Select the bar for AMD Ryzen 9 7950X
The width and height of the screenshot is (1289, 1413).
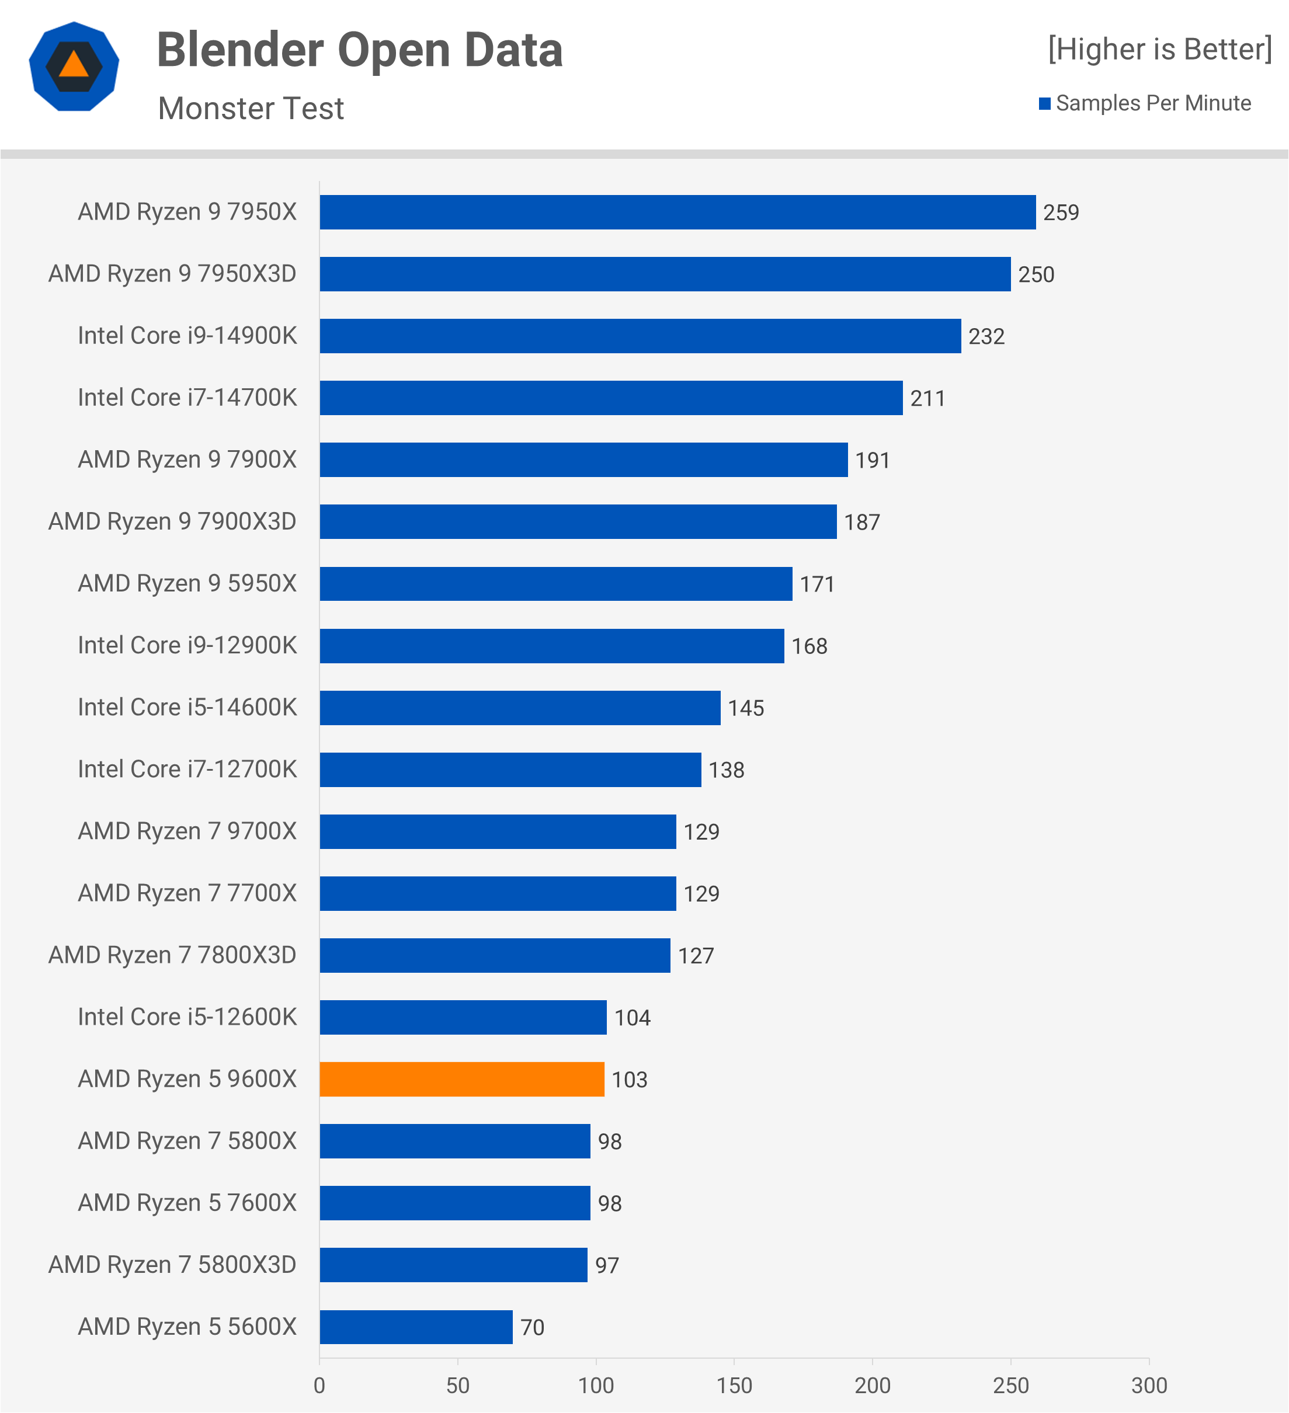pos(677,212)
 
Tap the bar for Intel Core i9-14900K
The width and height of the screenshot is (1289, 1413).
pos(640,336)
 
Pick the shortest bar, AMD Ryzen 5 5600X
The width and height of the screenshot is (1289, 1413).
pos(416,1327)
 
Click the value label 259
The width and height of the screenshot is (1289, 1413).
pos(1061,213)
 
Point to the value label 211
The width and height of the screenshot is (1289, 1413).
pos(927,398)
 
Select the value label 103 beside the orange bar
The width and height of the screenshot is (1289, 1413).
pos(630,1080)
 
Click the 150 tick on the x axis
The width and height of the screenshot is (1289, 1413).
pos(734,1386)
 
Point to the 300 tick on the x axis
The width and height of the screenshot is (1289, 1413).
pos(1149,1386)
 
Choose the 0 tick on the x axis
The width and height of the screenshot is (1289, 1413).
pos(319,1386)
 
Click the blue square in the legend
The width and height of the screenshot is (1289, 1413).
pos(1044,104)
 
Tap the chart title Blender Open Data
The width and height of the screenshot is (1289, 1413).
pos(360,50)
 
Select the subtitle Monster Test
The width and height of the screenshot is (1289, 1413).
pos(251,109)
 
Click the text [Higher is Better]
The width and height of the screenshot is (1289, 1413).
pos(1159,49)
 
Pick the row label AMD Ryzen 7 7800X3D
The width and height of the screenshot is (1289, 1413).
pos(172,955)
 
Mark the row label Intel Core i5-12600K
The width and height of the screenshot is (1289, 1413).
pos(187,1017)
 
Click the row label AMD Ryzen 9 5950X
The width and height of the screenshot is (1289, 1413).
pos(187,583)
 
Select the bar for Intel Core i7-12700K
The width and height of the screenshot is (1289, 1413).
pos(510,770)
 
